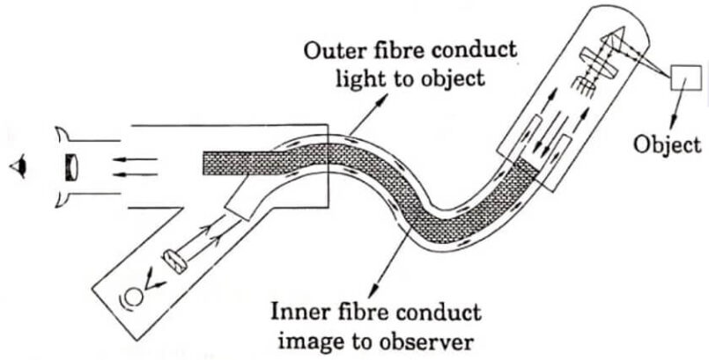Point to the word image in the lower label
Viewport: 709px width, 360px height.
coord(302,338)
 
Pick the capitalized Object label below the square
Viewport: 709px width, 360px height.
coord(670,144)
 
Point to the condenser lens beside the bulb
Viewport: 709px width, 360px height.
coord(173,263)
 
